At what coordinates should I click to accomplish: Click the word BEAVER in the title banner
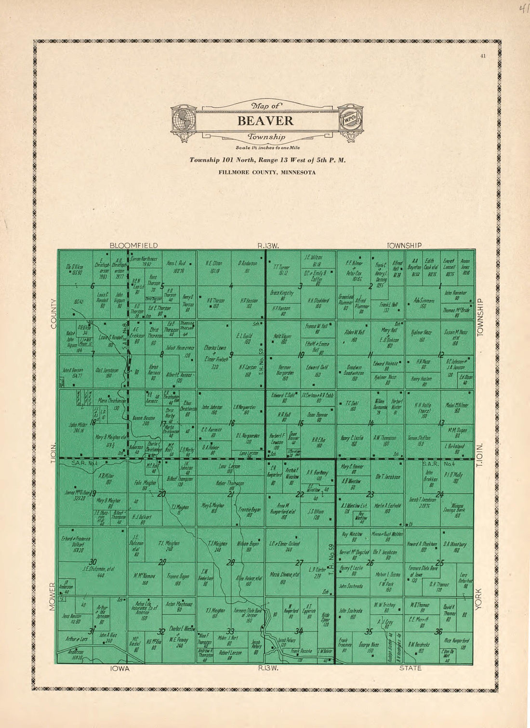point(265,121)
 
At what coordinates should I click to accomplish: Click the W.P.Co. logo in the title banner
point(350,119)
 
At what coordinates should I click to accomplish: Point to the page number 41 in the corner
point(483,56)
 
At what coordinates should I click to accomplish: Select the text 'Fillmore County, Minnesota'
point(267,172)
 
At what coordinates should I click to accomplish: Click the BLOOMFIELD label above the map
point(133,245)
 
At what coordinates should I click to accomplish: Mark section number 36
point(438,632)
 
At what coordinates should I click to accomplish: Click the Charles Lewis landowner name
point(215,347)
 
